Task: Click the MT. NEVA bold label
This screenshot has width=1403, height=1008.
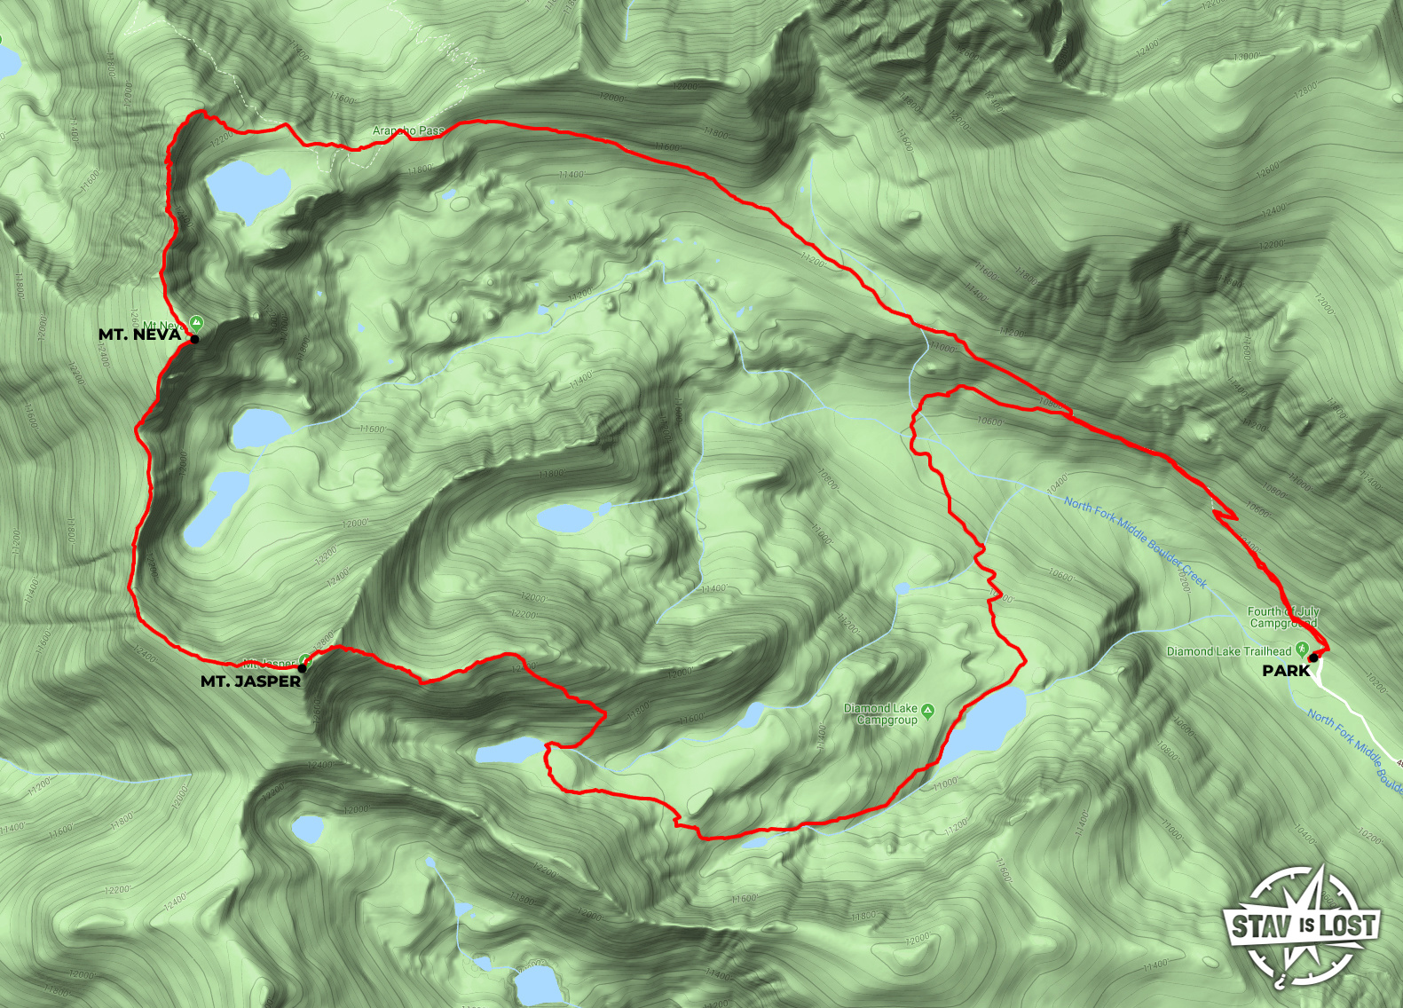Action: click(x=139, y=335)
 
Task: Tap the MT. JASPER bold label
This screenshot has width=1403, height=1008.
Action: click(x=250, y=681)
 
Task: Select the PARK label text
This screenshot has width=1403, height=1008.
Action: click(x=1286, y=671)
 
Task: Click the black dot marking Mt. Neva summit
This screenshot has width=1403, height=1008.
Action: click(x=194, y=339)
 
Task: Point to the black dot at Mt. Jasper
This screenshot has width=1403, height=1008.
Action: click(x=303, y=668)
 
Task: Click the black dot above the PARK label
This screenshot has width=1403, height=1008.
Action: click(x=1312, y=658)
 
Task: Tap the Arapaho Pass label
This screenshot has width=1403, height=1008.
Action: click(x=408, y=130)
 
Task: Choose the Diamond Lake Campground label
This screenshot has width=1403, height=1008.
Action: click(x=879, y=714)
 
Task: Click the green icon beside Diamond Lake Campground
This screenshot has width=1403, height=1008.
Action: click(x=927, y=710)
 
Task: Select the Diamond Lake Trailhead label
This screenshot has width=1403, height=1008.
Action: click(x=1228, y=651)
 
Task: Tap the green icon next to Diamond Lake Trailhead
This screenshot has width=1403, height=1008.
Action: click(x=1301, y=649)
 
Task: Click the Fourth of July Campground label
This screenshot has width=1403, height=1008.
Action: click(x=1283, y=617)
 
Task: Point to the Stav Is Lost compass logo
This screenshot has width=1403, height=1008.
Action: click(x=1302, y=926)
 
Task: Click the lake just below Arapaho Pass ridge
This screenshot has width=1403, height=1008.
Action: click(x=246, y=188)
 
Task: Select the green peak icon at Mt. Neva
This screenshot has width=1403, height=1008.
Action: click(x=196, y=323)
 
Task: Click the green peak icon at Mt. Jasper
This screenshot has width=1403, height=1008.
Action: click(x=305, y=659)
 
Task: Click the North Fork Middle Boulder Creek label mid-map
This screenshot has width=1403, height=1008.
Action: click(x=1135, y=542)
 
